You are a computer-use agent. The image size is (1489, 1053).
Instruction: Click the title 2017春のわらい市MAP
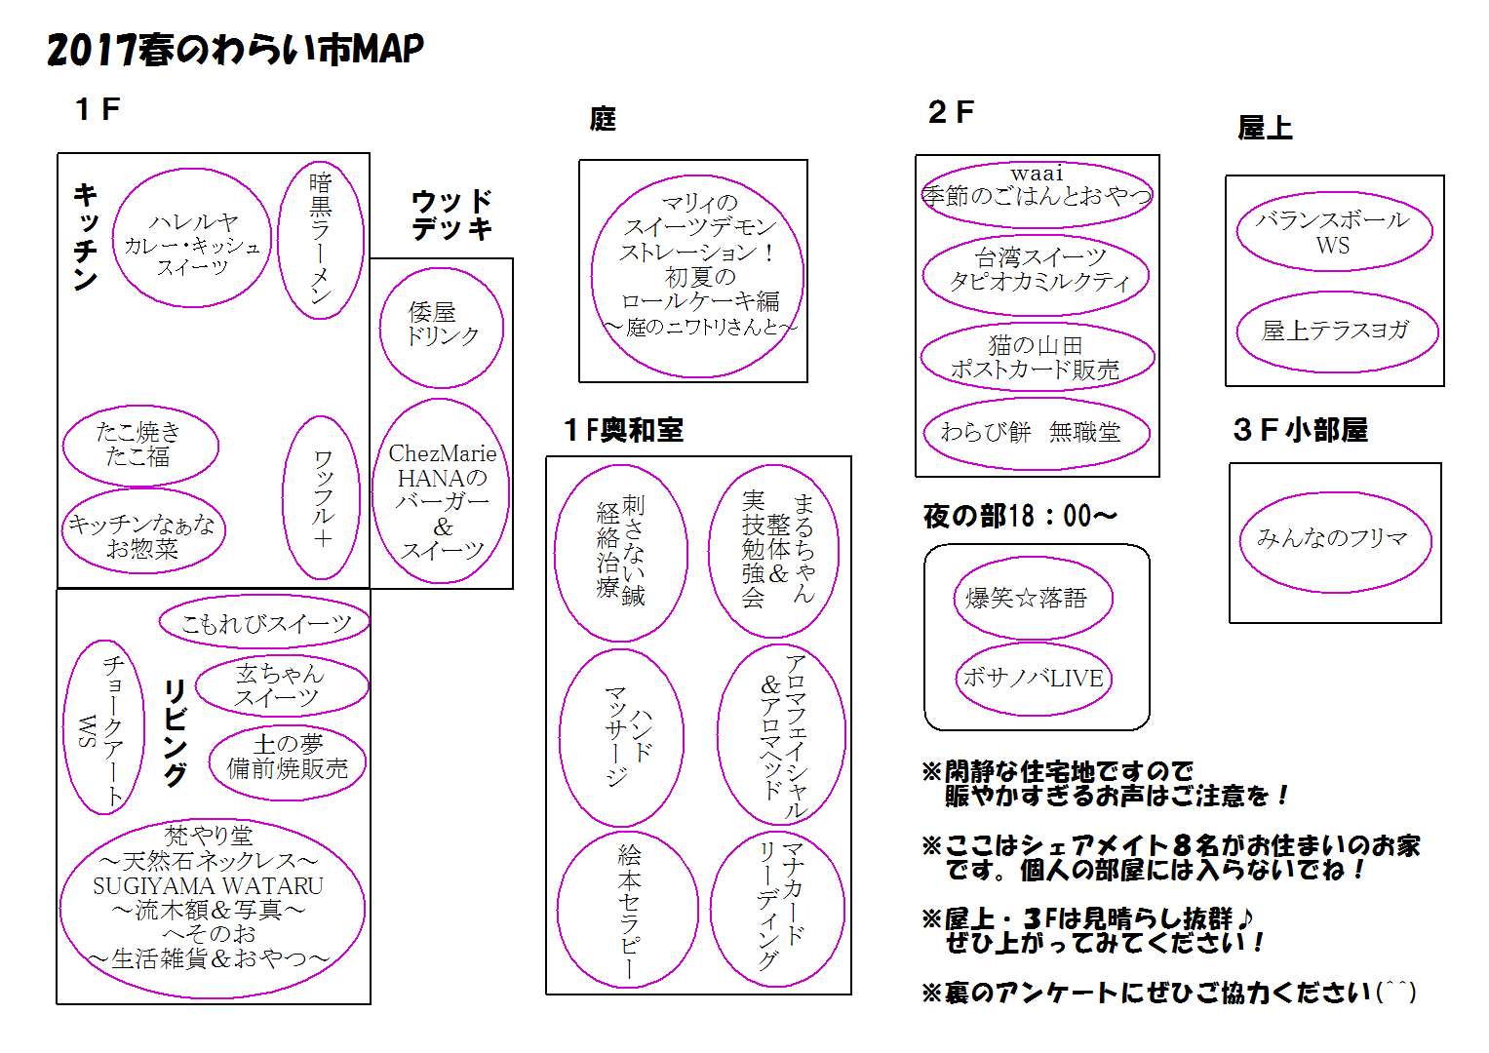click(235, 50)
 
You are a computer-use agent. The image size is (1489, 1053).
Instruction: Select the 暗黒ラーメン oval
click(321, 240)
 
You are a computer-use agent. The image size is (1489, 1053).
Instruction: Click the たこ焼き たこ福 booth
click(140, 445)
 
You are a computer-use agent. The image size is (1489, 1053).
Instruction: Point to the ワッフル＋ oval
click(322, 497)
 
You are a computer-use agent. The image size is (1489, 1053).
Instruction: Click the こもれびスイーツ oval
click(264, 622)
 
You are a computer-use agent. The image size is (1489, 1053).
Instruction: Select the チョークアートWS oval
click(103, 727)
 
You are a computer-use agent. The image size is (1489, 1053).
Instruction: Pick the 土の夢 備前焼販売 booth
click(287, 758)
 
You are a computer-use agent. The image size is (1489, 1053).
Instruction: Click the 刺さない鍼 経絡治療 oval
click(621, 552)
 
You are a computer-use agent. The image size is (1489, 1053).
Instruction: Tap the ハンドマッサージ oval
click(621, 738)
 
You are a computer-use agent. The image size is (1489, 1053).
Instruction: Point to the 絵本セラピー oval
click(628, 909)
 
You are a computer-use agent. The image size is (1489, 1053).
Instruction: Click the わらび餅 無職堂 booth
click(1036, 433)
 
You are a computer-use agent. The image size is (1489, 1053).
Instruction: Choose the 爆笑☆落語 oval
click(1033, 598)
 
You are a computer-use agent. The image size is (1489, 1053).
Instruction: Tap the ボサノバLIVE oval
click(1034, 679)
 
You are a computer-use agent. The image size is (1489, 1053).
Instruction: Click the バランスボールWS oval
click(1334, 232)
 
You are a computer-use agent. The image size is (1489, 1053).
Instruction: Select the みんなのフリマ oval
click(1335, 541)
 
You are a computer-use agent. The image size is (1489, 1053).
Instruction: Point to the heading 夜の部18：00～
click(1020, 516)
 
